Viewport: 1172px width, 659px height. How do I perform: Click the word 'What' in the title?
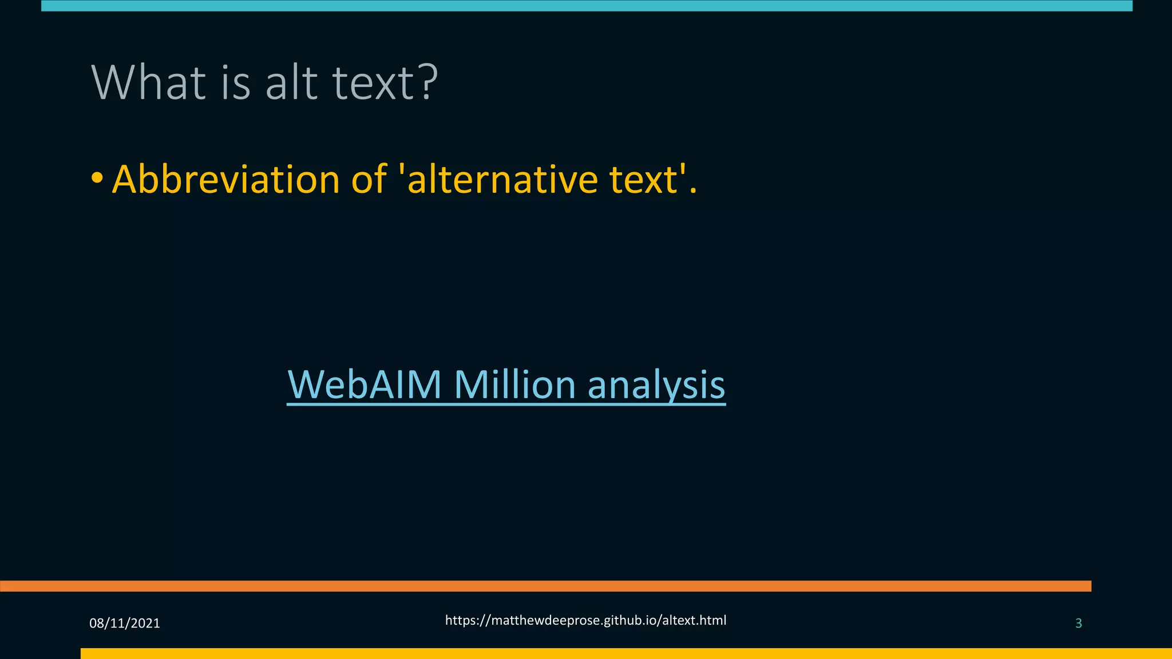point(148,83)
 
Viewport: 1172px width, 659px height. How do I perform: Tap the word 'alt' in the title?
point(291,83)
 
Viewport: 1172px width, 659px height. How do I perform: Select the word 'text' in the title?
point(365,83)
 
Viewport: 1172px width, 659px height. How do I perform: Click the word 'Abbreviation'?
point(225,180)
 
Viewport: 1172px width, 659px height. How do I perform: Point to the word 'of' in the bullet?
point(369,180)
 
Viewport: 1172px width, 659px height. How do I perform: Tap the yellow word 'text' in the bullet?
point(644,180)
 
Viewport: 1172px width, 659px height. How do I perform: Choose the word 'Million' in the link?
point(514,384)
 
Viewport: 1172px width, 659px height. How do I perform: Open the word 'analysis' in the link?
point(656,386)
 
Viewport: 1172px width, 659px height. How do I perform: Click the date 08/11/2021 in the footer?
point(125,624)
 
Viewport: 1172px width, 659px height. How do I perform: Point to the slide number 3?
point(1078,624)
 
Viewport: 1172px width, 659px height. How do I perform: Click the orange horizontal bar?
point(544,586)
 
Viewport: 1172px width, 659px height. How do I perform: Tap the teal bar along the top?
point(587,6)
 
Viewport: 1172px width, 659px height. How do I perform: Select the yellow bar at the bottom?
point(624,653)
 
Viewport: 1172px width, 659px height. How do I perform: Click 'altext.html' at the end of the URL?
point(694,621)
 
